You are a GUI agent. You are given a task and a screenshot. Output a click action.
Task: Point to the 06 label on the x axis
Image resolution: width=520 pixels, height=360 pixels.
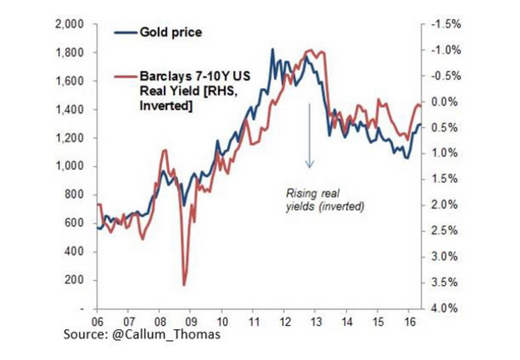click(97, 319)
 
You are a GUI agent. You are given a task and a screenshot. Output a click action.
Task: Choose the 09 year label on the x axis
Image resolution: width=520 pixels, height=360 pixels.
click(191, 319)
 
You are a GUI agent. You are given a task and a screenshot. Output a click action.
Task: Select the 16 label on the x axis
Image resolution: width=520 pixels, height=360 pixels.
click(409, 319)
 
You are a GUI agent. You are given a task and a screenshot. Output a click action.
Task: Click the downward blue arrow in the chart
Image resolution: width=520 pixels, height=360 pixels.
click(308, 133)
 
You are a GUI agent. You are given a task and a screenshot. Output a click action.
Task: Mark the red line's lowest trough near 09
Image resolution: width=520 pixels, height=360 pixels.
click(185, 284)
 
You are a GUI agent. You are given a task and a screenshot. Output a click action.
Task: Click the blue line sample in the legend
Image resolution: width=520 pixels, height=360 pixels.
click(126, 32)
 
